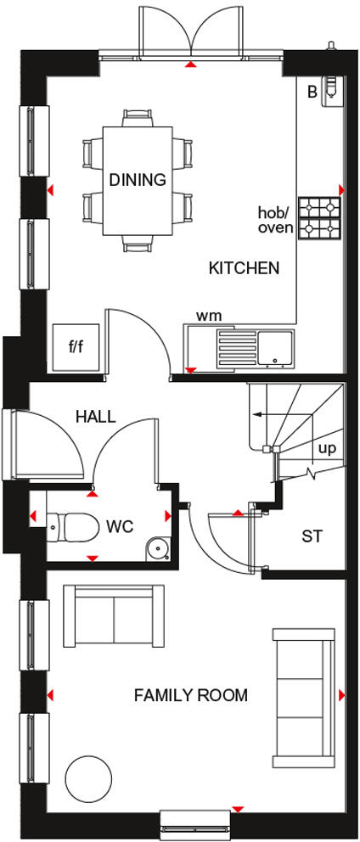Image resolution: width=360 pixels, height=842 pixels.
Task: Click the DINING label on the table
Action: pyautogui.click(x=137, y=180)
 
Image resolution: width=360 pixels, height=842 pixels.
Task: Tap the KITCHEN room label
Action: pyautogui.click(x=244, y=268)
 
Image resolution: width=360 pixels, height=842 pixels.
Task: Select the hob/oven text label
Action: pyautogui.click(x=276, y=220)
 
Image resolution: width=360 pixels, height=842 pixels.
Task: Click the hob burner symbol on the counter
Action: pyautogui.click(x=319, y=218)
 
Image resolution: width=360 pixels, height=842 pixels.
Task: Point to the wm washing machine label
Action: pyautogui.click(x=209, y=316)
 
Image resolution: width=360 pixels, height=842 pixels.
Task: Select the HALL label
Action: pyautogui.click(x=95, y=416)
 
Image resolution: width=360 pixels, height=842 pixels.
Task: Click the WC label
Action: pyautogui.click(x=120, y=526)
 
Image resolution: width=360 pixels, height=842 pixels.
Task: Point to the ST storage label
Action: pyautogui.click(x=312, y=536)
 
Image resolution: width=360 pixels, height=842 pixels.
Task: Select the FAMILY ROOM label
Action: pyautogui.click(x=191, y=696)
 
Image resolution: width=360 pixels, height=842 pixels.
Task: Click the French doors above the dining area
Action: pyautogui.click(x=193, y=30)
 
